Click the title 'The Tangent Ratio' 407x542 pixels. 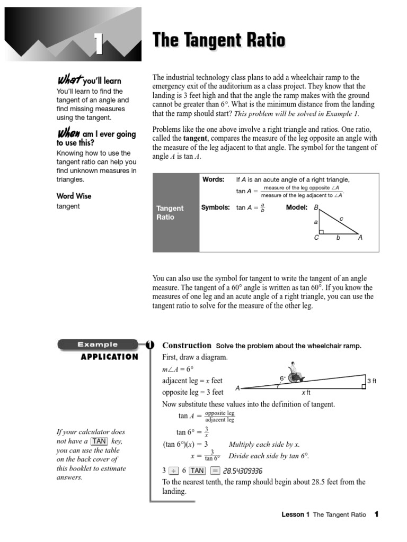point(219,40)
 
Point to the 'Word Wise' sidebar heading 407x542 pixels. point(74,196)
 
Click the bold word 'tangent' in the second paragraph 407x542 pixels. point(195,138)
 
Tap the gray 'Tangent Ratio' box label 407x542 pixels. point(170,213)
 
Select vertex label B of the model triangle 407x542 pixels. point(316,207)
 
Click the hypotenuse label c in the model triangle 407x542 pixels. point(341,218)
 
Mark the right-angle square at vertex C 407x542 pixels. point(321,231)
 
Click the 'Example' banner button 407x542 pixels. point(98,345)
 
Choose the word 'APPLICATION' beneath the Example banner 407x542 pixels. point(109,357)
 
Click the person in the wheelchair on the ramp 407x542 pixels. point(295,374)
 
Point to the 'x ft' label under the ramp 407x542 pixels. point(306,392)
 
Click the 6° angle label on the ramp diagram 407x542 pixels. point(282,378)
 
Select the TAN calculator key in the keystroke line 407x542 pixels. point(197,471)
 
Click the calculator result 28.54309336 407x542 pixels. point(243,471)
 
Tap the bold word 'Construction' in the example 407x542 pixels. point(187,345)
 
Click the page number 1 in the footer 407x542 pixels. point(376,514)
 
